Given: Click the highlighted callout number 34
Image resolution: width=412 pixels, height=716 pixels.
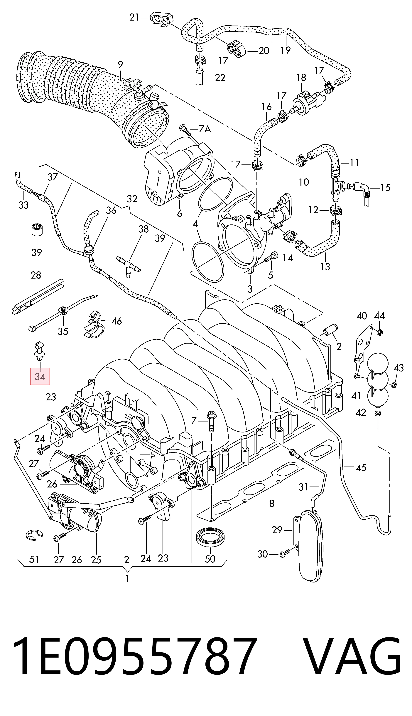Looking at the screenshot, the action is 40,376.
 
